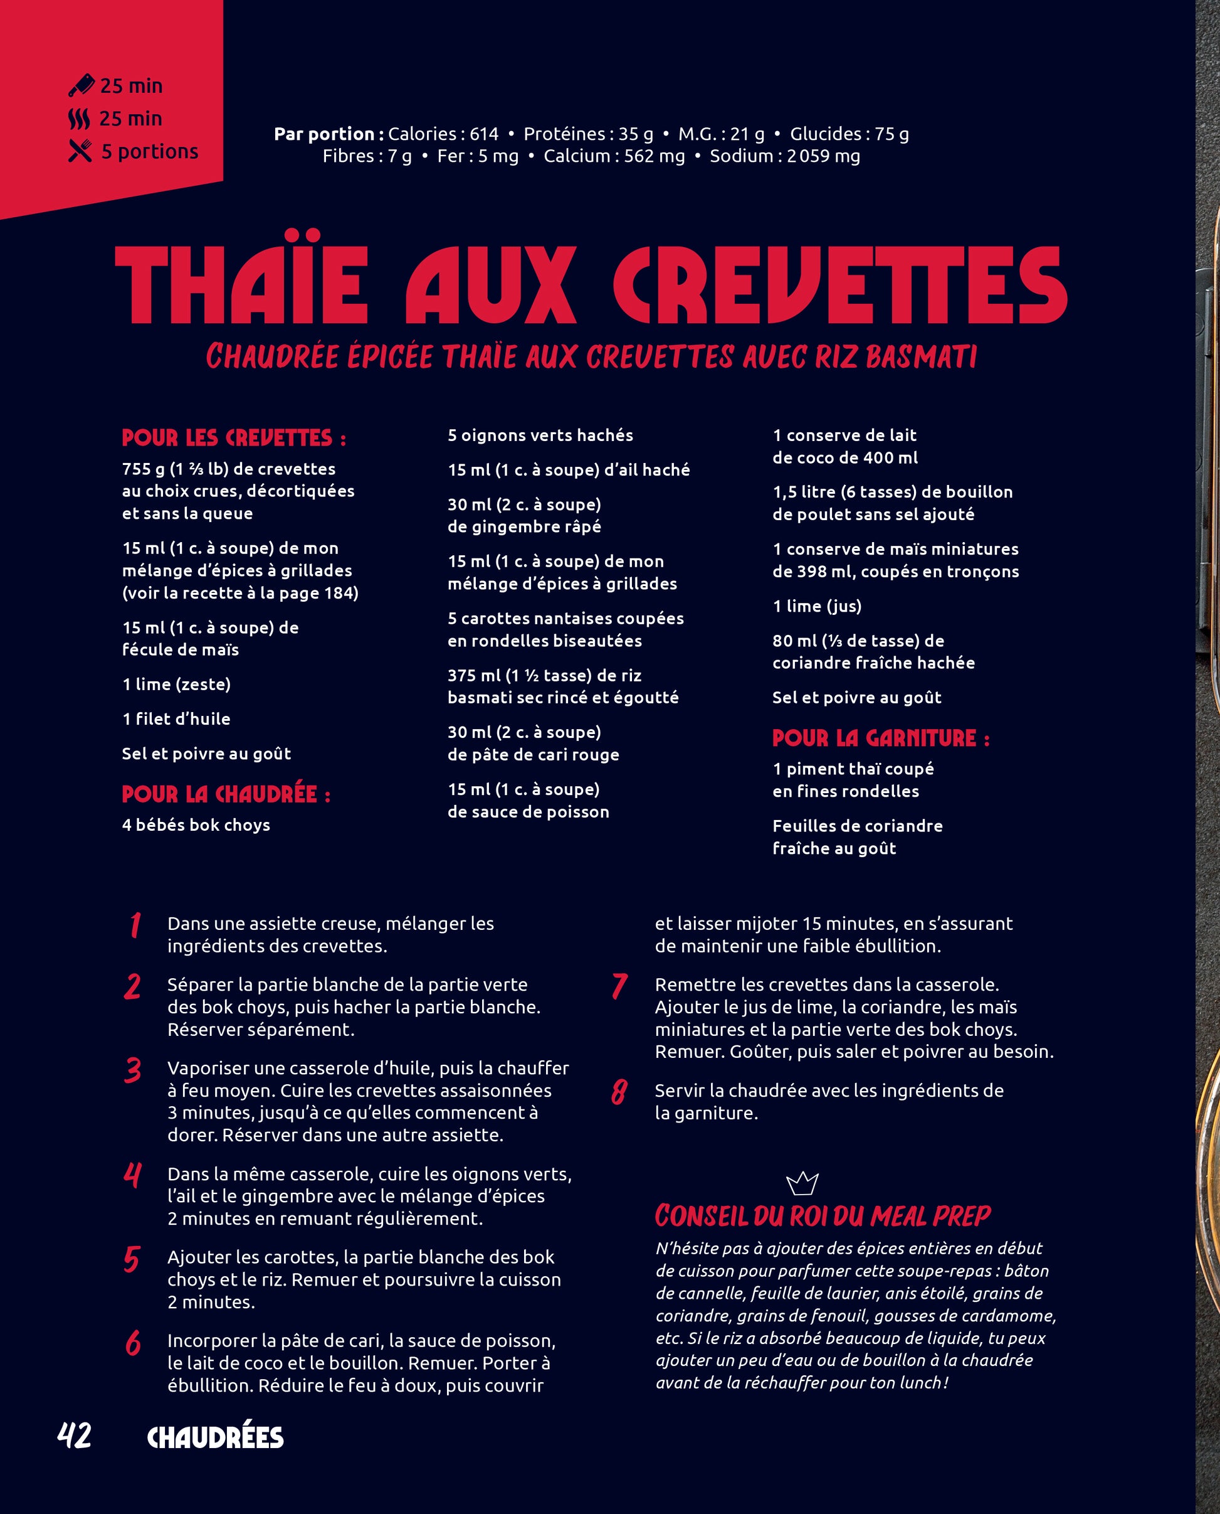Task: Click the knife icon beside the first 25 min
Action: tap(82, 86)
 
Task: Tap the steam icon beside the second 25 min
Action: tap(80, 119)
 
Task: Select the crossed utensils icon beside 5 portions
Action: tap(80, 151)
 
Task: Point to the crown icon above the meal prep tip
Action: tap(802, 1183)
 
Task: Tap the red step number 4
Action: tap(132, 1175)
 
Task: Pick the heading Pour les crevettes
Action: tap(234, 438)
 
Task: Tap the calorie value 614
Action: tap(483, 134)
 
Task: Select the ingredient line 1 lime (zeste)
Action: tap(176, 685)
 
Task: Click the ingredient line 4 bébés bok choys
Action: tap(196, 825)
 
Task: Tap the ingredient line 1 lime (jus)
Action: tap(817, 606)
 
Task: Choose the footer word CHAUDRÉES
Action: tap(215, 1437)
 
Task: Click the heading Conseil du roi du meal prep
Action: tap(823, 1216)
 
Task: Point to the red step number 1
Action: tap(135, 925)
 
